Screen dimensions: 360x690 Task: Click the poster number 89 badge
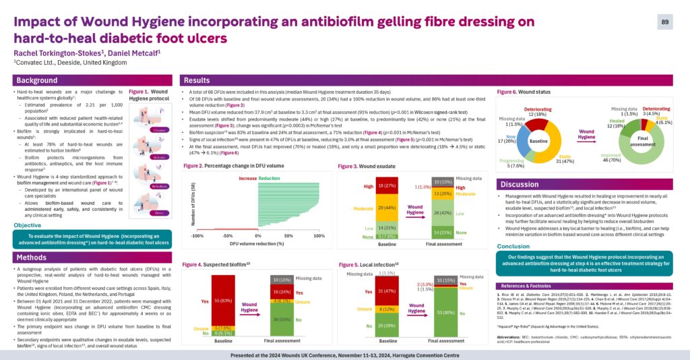pyautogui.click(x=665, y=23)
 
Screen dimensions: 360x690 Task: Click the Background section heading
pyautogui.click(x=37, y=80)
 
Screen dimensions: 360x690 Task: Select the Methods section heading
pyautogui.click(x=32, y=258)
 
